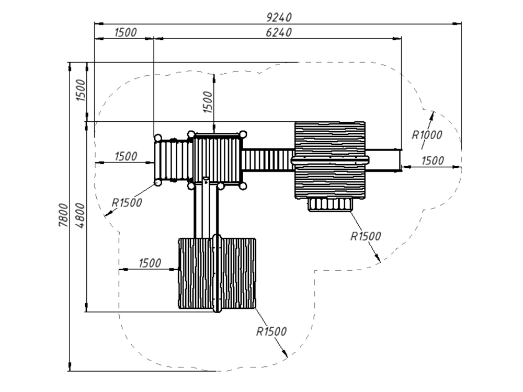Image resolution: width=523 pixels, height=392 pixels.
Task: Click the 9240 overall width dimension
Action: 278,17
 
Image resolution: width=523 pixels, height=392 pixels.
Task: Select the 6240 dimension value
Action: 278,32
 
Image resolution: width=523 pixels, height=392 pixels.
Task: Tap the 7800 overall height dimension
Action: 63,215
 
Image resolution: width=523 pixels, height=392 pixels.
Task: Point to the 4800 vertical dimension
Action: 80,215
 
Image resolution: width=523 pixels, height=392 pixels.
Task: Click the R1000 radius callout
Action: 427,135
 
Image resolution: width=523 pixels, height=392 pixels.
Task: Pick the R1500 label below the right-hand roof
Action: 366,236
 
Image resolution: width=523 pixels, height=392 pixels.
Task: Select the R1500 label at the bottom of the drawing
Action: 271,331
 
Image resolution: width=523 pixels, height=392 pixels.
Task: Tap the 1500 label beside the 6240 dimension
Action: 125,32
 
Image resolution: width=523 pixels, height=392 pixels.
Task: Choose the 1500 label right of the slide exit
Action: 433,160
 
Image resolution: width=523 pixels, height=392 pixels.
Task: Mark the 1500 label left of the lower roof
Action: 150,263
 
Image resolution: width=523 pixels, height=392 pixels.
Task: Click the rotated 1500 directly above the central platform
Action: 208,102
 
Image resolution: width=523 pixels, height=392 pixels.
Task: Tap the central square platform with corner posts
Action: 217,158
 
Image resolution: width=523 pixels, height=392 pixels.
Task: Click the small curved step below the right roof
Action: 329,204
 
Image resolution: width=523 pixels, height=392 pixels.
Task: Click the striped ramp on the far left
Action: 173,160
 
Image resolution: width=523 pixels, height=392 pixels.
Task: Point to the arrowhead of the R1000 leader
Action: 433,112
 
